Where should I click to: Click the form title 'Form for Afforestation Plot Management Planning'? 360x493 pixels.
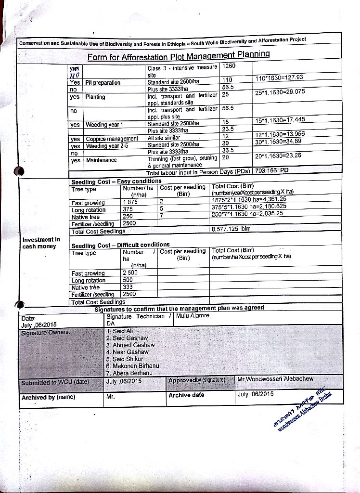(x=178, y=56)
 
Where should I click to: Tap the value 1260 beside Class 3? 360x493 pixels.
(x=229, y=65)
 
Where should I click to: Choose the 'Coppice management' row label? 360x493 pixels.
(x=112, y=139)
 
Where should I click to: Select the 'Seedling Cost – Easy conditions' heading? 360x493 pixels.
(x=116, y=182)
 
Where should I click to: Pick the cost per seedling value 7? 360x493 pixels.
(x=162, y=217)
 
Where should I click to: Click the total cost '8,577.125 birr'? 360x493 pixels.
(x=231, y=230)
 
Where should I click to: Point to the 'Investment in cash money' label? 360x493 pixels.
(x=41, y=243)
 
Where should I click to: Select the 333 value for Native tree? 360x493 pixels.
(x=128, y=287)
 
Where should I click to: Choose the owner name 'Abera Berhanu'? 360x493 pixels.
(x=129, y=373)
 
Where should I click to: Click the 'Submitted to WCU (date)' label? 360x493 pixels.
(x=55, y=383)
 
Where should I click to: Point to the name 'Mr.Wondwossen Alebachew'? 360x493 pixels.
(x=275, y=379)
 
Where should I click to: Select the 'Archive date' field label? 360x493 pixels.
(x=186, y=395)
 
